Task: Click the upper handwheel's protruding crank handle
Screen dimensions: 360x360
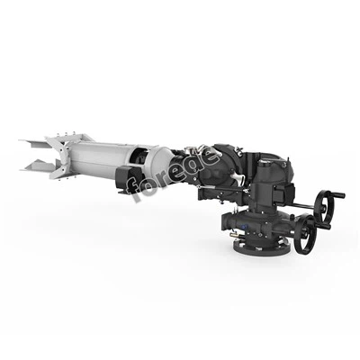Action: (x=338, y=195)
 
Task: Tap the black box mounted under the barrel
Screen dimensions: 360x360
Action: (x=127, y=179)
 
